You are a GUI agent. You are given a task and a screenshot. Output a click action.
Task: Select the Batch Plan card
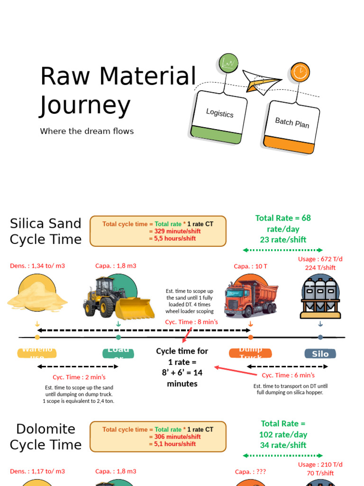coord(291,126)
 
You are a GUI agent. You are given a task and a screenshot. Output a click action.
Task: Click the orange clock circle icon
coord(299,72)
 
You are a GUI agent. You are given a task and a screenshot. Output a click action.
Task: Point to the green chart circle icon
coord(228,63)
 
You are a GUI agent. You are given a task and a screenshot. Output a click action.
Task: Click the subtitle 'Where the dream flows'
coord(87,131)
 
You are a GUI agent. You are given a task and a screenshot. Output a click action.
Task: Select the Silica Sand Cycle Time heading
coord(45,231)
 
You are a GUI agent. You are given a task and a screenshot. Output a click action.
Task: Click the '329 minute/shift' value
coord(174,231)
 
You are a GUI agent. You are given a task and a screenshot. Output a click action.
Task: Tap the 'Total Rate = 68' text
coord(283,218)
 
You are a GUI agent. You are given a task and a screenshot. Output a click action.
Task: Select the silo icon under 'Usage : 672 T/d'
coord(320,298)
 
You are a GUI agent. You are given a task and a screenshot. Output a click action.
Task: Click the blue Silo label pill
coord(320,354)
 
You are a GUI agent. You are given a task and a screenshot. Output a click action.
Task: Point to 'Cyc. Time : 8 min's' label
coord(191,322)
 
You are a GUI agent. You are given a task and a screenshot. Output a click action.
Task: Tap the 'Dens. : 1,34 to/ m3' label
coord(37,266)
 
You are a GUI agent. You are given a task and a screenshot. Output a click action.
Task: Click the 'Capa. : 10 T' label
coord(251,266)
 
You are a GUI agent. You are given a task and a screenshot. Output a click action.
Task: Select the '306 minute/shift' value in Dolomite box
coord(174,437)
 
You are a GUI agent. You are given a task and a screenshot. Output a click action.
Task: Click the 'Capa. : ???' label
coord(250,472)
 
